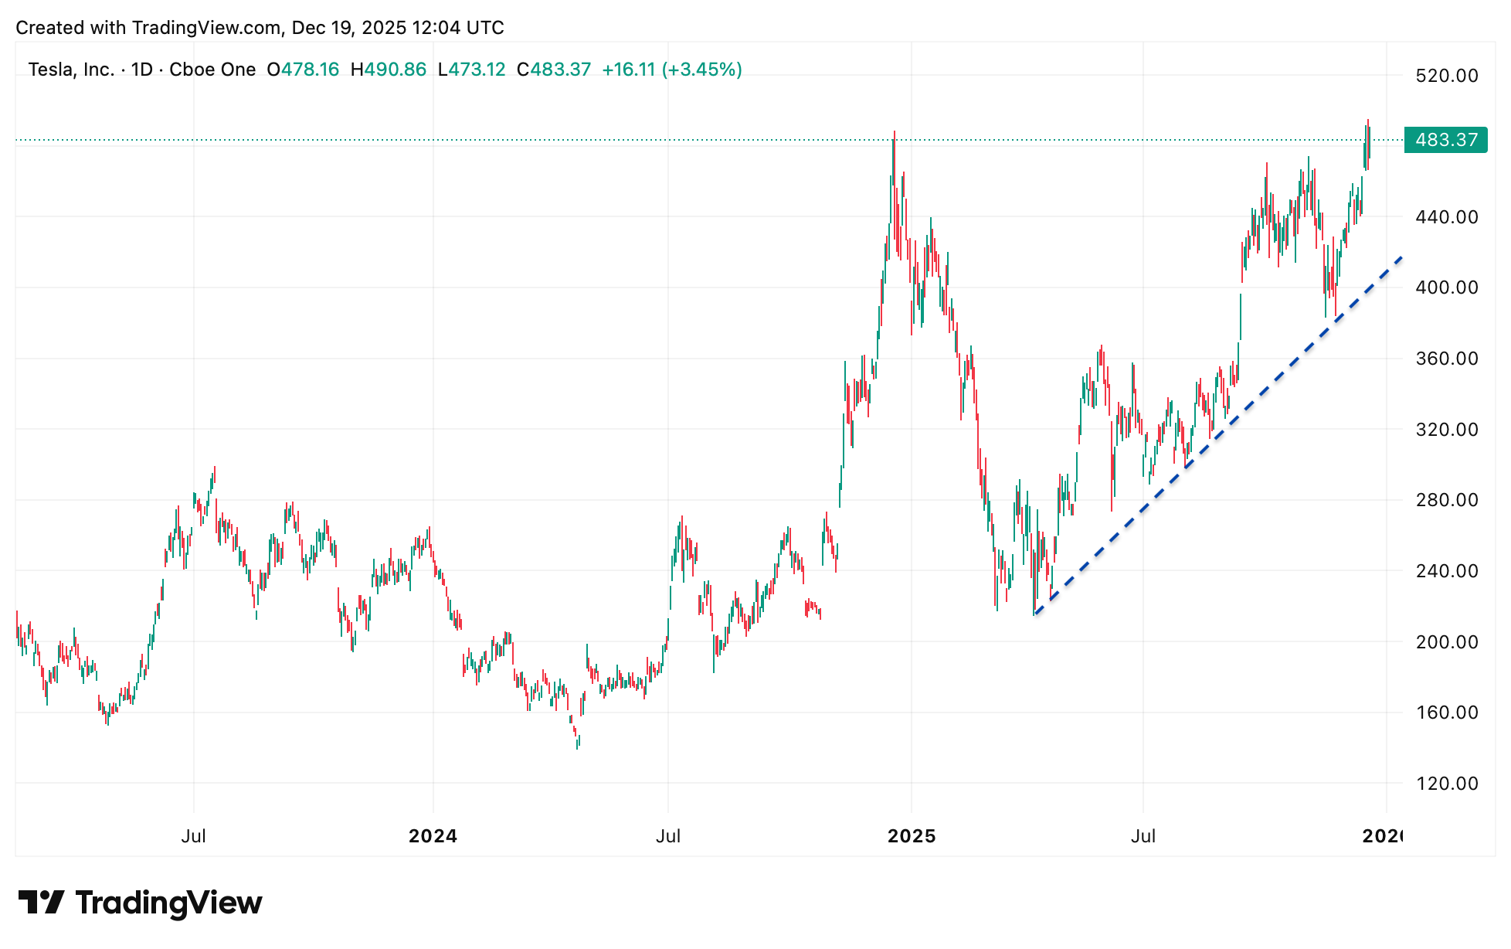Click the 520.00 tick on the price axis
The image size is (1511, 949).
pyautogui.click(x=1446, y=76)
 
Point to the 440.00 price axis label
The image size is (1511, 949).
pyautogui.click(x=1446, y=217)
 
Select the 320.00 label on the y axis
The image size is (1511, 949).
pyautogui.click(x=1446, y=430)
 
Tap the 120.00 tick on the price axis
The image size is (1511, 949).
pyautogui.click(x=1446, y=784)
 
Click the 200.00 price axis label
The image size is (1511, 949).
pyautogui.click(x=1446, y=642)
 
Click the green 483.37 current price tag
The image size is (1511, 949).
pyautogui.click(x=1445, y=140)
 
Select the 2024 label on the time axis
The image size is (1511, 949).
pyautogui.click(x=433, y=836)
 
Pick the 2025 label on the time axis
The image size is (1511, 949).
pyautogui.click(x=912, y=836)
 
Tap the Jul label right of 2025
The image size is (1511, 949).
pyautogui.click(x=1143, y=836)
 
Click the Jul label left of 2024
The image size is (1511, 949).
pyautogui.click(x=193, y=836)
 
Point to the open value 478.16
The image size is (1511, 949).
pyautogui.click(x=310, y=70)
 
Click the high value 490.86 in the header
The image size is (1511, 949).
pyautogui.click(x=395, y=70)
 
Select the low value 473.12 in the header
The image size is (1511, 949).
pyautogui.click(x=477, y=70)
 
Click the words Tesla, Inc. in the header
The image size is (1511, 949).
pyautogui.click(x=71, y=70)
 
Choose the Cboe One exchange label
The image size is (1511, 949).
pyautogui.click(x=212, y=70)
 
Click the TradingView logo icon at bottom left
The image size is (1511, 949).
pyautogui.click(x=41, y=902)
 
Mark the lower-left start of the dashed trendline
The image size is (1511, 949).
pyautogui.click(x=1034, y=614)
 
